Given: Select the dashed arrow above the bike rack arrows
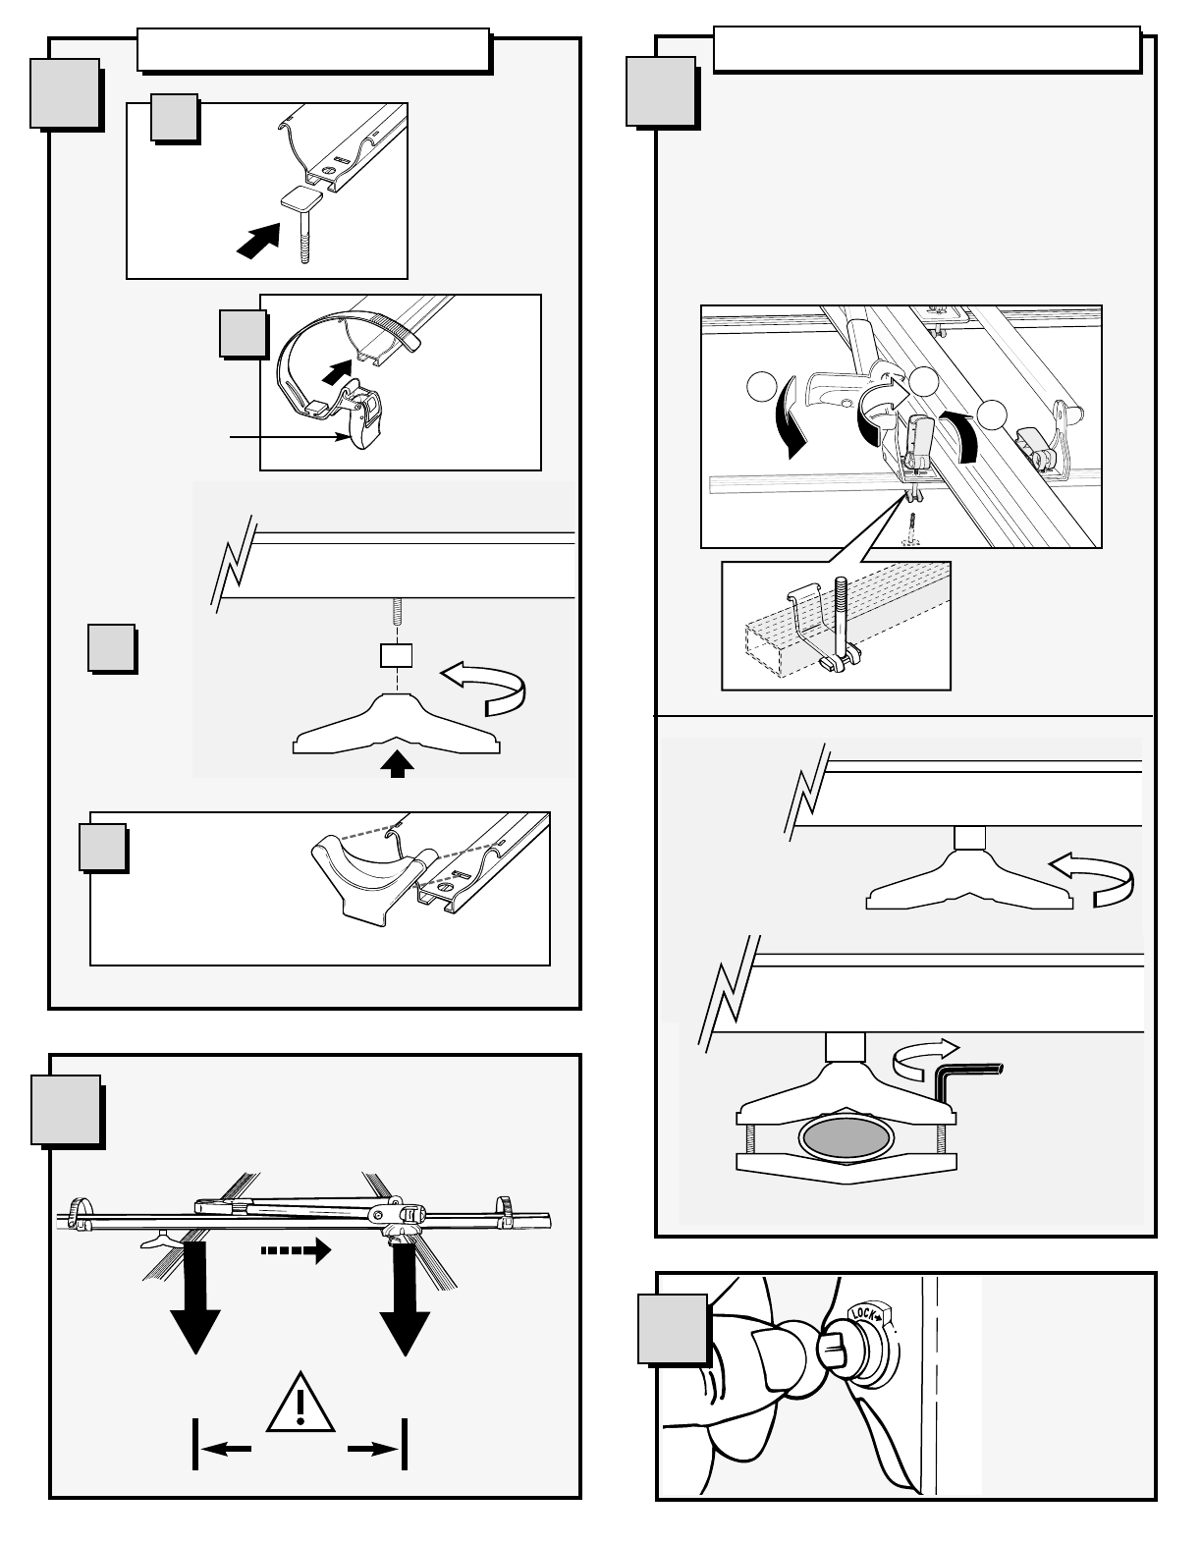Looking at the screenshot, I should click(296, 1251).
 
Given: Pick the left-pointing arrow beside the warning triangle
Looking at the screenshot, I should click(227, 1445).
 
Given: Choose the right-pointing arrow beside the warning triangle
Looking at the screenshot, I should click(373, 1445).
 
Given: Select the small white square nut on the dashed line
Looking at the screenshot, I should click(396, 655).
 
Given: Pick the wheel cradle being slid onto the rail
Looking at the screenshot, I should click(364, 872).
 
